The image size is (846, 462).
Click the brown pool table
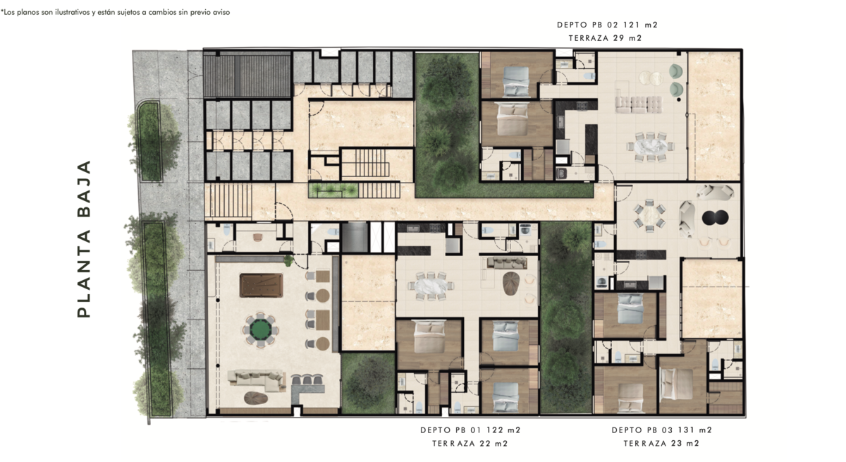[261, 285]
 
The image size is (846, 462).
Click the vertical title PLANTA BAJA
[84, 238]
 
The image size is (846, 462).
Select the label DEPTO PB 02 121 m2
[607, 25]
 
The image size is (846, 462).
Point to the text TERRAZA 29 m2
[605, 38]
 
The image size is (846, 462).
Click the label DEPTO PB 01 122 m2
[471, 430]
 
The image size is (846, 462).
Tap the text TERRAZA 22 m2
[470, 444]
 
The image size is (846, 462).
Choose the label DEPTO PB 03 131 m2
[662, 430]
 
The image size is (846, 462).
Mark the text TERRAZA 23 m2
[661, 444]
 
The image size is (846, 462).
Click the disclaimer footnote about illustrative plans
[115, 12]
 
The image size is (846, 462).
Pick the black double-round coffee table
[715, 217]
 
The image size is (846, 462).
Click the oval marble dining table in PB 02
[650, 147]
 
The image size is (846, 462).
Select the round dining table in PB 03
[649, 216]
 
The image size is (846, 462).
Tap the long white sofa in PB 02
[638, 104]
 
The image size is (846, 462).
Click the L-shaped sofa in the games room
[257, 380]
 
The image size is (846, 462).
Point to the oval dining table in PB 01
[431, 286]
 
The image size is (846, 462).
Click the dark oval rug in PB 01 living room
[511, 284]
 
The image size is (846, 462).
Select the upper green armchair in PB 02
[676, 71]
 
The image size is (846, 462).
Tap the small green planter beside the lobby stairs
[333, 190]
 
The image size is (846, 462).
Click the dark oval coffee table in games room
[256, 398]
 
